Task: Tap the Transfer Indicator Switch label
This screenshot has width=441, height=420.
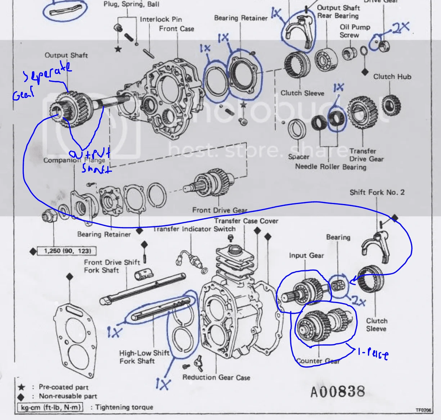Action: [194, 229]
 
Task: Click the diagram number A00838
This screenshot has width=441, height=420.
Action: [338, 392]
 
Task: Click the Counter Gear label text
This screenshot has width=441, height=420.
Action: [318, 361]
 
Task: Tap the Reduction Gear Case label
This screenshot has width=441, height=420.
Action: [216, 377]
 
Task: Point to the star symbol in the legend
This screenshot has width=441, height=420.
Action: [22, 387]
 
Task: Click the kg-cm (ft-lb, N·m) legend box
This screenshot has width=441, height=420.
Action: [50, 407]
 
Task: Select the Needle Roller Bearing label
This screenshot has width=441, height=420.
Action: [330, 167]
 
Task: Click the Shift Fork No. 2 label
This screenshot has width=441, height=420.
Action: [377, 192]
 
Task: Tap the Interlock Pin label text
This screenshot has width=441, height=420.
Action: [161, 19]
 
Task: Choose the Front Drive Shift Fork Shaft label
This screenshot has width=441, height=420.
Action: [112, 266]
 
